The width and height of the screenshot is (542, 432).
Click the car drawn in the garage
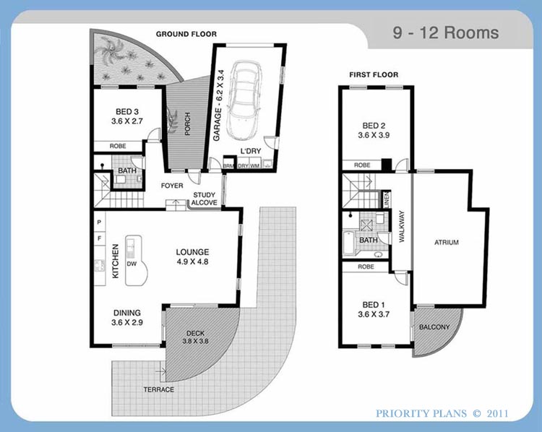tap(244, 101)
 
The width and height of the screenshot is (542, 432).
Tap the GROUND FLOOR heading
tap(186, 34)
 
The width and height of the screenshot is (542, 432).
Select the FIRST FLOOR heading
tap(374, 74)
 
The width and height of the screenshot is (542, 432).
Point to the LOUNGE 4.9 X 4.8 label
tap(192, 256)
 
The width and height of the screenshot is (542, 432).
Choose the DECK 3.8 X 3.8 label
tap(195, 337)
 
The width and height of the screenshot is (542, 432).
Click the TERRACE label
tap(159, 389)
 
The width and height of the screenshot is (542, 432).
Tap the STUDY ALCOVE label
tap(205, 199)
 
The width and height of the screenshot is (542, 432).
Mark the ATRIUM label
tap(447, 242)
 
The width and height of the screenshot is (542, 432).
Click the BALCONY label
tap(434, 327)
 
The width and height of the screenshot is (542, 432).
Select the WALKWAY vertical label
tap(402, 226)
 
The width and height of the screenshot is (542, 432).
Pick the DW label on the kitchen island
tap(132, 264)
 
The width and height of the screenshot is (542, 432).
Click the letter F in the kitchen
tap(100, 238)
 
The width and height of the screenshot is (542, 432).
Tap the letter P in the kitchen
tap(100, 222)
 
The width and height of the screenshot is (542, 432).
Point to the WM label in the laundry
tap(255, 166)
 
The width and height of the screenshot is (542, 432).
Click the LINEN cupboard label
tap(387, 199)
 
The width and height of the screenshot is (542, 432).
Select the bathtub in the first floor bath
tap(348, 243)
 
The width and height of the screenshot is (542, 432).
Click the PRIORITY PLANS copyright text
tap(442, 413)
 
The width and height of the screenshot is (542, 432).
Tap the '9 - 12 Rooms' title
tap(446, 33)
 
